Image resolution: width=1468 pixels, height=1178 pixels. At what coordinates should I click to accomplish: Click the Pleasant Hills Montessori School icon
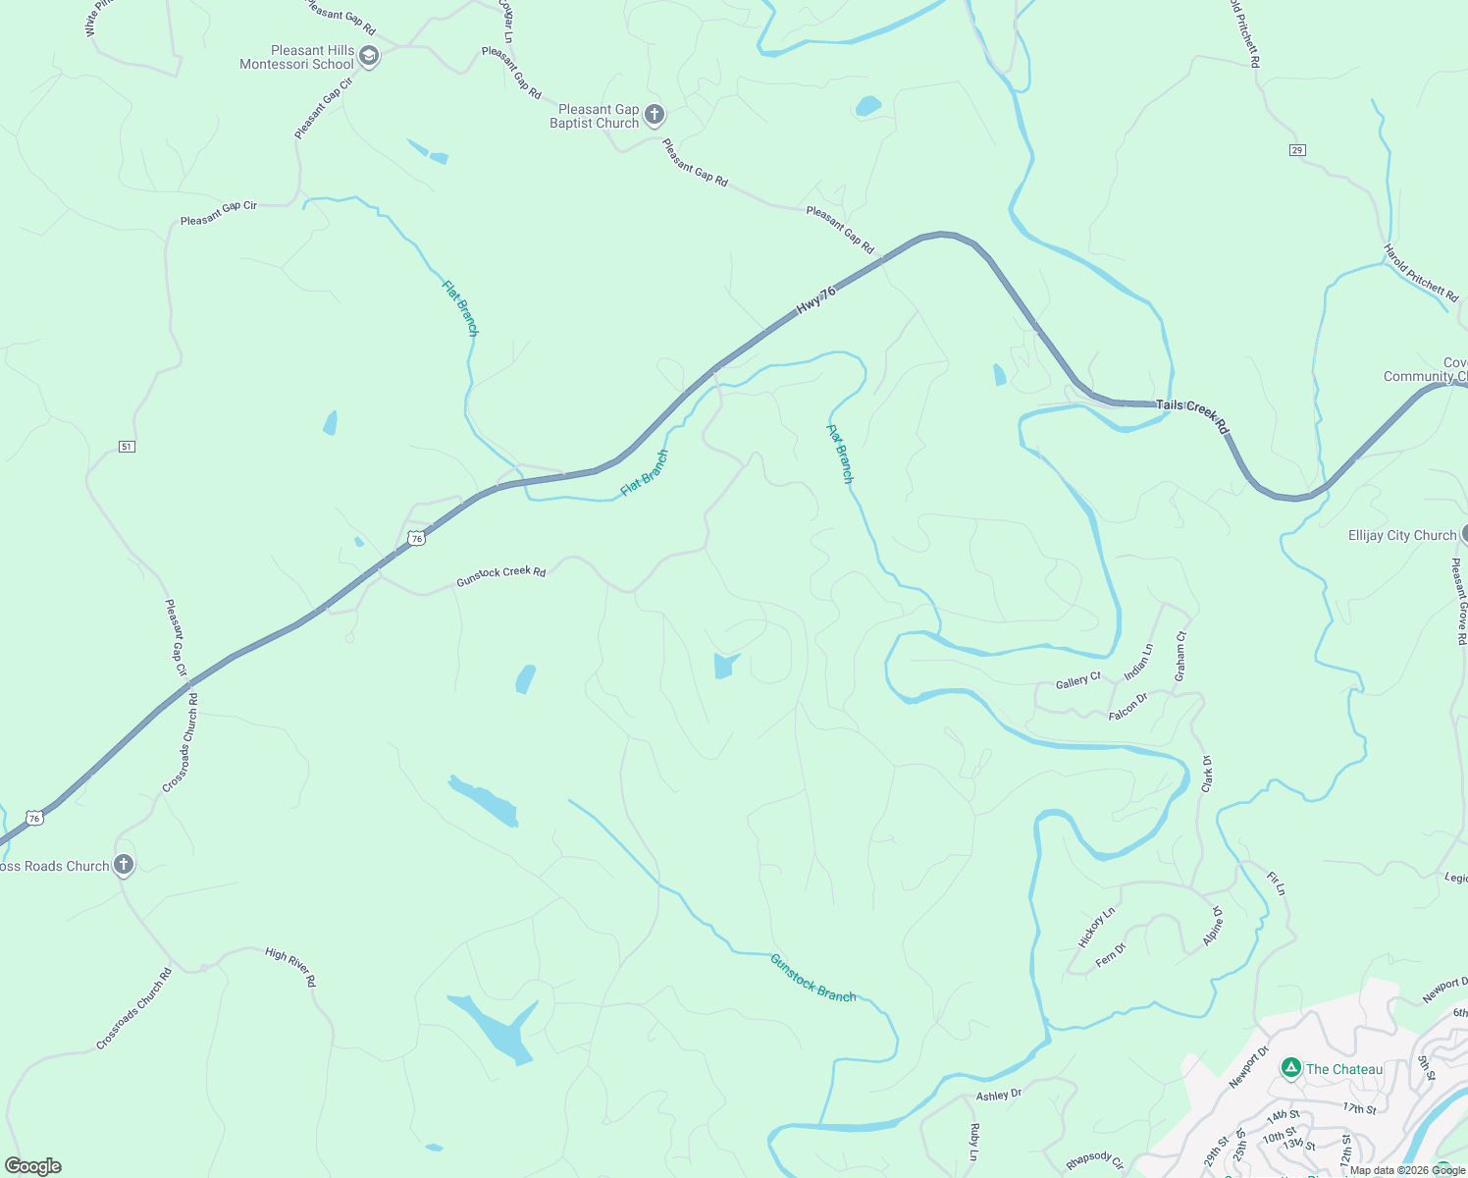pyautogui.click(x=369, y=57)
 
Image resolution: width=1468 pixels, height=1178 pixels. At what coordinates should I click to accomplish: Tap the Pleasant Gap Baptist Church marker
pyautogui.click(x=655, y=116)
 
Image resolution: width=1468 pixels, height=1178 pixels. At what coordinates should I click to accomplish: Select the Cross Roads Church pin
pyautogui.click(x=123, y=865)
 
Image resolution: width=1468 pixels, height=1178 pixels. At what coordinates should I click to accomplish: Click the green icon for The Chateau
pyautogui.click(x=1291, y=1068)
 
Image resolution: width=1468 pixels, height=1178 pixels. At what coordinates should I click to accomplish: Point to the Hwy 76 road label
pyautogui.click(x=815, y=299)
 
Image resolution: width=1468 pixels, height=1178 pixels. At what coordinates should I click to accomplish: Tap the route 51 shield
pyautogui.click(x=127, y=447)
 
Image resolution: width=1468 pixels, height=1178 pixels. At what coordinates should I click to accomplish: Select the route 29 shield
pyautogui.click(x=1297, y=149)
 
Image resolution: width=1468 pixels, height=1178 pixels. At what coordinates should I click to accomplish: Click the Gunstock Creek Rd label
pyautogui.click(x=500, y=576)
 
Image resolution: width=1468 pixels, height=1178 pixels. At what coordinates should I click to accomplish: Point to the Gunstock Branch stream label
pyautogui.click(x=813, y=978)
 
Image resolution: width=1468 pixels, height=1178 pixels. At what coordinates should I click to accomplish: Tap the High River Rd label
pyautogui.click(x=291, y=967)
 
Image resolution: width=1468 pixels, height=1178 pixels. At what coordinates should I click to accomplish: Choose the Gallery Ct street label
pyautogui.click(x=1077, y=680)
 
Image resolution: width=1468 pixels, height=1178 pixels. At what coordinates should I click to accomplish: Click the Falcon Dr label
pyautogui.click(x=1128, y=707)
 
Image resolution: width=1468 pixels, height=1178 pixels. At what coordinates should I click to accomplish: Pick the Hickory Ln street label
pyautogui.click(x=1096, y=927)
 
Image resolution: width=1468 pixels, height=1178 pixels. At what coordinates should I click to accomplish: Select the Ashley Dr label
pyautogui.click(x=999, y=1094)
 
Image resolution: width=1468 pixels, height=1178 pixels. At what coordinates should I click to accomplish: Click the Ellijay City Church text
pyautogui.click(x=1402, y=535)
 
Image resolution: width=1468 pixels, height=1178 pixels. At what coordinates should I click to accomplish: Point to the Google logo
pyautogui.click(x=32, y=1165)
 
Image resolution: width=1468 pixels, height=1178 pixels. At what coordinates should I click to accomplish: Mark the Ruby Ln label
pyautogui.click(x=974, y=1142)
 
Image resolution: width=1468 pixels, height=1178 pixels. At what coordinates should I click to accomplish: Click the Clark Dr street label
pyautogui.click(x=1207, y=775)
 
